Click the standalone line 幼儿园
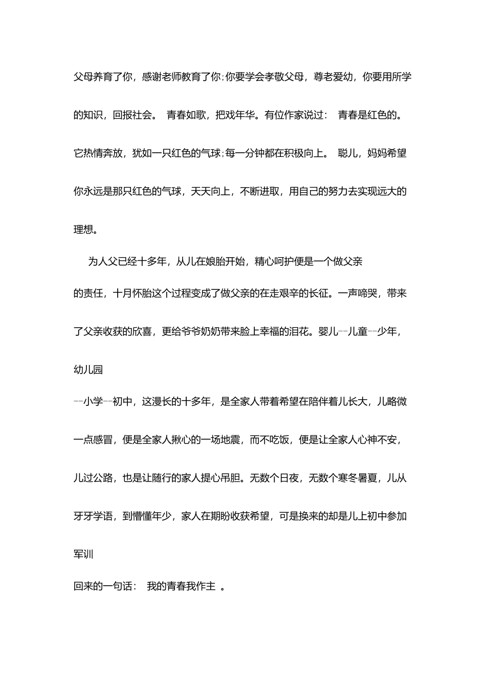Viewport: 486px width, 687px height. coord(89,370)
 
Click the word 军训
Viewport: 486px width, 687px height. coord(83,554)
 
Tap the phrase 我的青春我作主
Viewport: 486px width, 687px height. coord(181,586)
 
